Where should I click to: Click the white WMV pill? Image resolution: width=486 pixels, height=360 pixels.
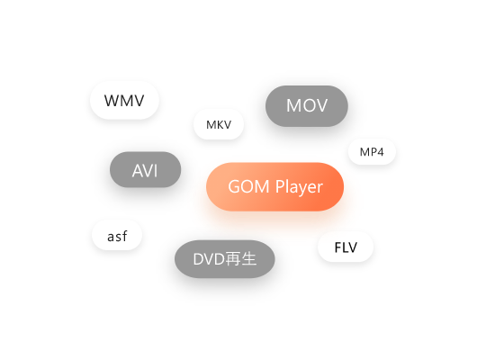124,101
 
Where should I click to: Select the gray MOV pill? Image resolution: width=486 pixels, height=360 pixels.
307,106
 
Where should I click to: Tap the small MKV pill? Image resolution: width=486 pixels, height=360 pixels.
219,124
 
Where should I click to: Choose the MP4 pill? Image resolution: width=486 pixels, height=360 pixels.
372,152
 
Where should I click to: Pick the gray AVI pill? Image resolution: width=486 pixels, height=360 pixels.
146,169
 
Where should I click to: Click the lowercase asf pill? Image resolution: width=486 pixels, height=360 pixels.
117,235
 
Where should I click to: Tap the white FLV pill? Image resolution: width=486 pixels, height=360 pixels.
346,247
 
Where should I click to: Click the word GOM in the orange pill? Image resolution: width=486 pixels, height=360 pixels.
248,186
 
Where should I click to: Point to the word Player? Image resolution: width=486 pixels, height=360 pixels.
299,187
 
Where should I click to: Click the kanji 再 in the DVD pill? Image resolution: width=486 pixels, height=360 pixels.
232,259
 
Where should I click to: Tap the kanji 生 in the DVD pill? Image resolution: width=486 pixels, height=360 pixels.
248,259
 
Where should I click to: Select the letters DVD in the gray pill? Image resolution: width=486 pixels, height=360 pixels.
209,259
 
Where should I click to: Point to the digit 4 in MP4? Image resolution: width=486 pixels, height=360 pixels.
380,152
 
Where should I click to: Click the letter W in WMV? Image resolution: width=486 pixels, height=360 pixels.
113,101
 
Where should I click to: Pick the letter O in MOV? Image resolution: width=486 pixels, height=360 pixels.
307,105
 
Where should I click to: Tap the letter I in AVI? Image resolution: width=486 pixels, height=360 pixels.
156,171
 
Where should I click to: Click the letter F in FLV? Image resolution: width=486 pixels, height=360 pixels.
338,247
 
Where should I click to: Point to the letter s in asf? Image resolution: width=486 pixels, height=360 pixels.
119,238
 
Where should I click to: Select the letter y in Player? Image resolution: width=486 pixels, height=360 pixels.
300,189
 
